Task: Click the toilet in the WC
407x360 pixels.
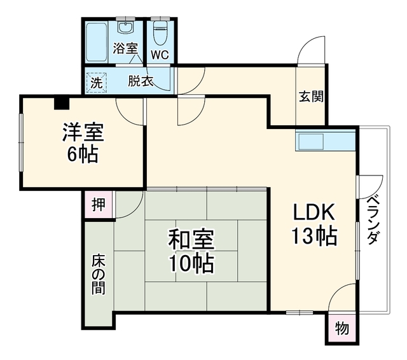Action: pyautogui.click(x=160, y=33)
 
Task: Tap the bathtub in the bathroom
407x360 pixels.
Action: pyautogui.click(x=96, y=42)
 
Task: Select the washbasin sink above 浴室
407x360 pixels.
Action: pyautogui.click(x=126, y=27)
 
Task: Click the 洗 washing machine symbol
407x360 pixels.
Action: pyautogui.click(x=96, y=83)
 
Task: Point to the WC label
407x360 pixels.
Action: pyautogui.click(x=160, y=55)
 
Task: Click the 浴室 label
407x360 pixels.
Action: pyautogui.click(x=125, y=48)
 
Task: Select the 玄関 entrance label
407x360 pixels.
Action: pyautogui.click(x=311, y=96)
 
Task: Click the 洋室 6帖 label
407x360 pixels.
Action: pyautogui.click(x=83, y=143)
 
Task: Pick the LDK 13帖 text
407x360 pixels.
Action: pyautogui.click(x=315, y=225)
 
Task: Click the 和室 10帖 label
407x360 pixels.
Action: pyautogui.click(x=191, y=251)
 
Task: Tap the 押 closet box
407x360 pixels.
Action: pyautogui.click(x=99, y=205)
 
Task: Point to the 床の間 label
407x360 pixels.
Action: pyautogui.click(x=99, y=275)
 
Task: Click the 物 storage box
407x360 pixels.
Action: pyautogui.click(x=341, y=328)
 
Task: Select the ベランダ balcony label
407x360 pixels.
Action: pyautogui.click(x=373, y=220)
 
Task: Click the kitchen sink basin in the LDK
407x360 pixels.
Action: pyautogui.click(x=311, y=142)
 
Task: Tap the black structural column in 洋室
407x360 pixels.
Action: pyautogui.click(x=62, y=103)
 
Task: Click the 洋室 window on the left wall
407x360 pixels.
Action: pyautogui.click(x=21, y=142)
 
